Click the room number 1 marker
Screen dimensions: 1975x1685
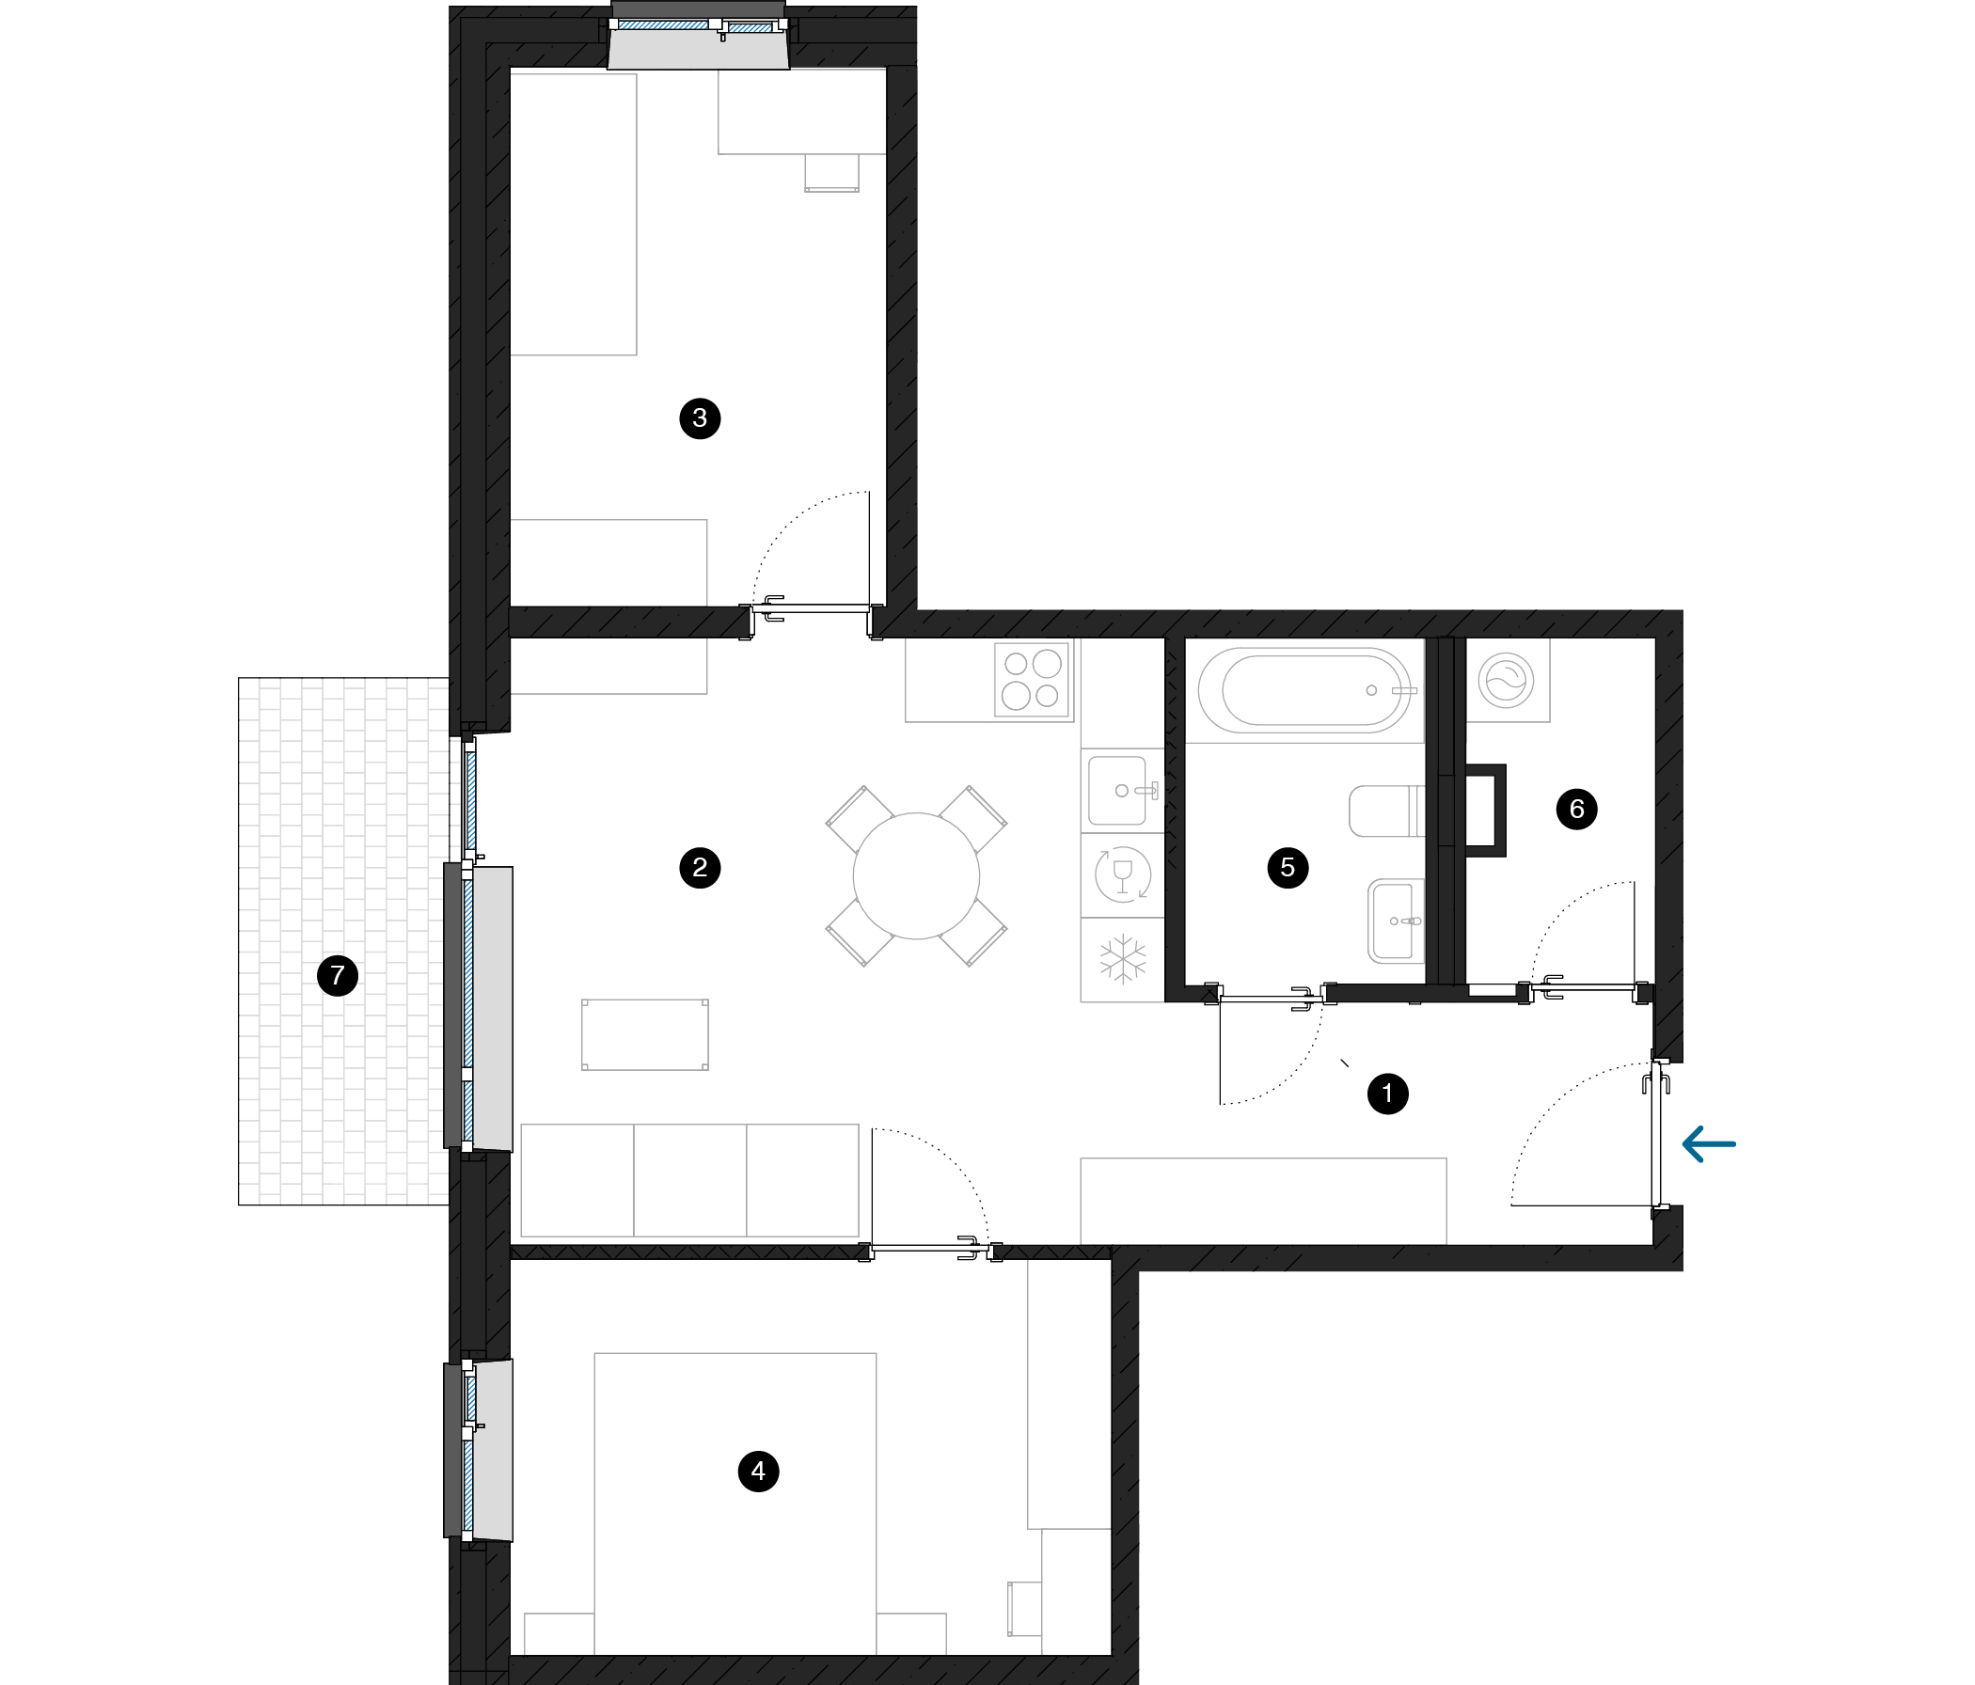tap(1387, 1093)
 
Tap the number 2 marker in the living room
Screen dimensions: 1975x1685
tap(700, 867)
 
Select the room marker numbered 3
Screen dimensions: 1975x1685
tap(700, 417)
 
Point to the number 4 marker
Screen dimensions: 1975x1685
tap(758, 1471)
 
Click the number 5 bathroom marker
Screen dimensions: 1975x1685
tap(1288, 867)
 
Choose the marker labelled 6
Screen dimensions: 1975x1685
tap(1576, 810)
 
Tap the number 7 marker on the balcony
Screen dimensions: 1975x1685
tap(337, 976)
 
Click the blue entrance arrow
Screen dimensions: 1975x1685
tap(1709, 1143)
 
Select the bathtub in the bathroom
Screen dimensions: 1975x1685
tap(1305, 691)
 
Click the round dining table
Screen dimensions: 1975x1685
tap(916, 875)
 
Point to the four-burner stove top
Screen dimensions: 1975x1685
tap(1032, 680)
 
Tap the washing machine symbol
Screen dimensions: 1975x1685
tap(1506, 681)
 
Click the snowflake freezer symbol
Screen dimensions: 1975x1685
tap(1123, 959)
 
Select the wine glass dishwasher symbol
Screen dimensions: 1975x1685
tap(1123, 874)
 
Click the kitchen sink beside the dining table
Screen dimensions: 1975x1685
tap(1121, 790)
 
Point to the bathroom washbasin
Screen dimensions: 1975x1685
tap(1397, 921)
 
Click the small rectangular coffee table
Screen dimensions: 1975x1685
tap(645, 1034)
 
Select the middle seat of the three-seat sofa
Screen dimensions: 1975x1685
tap(690, 1181)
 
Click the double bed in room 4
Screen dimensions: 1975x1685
tap(735, 1503)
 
